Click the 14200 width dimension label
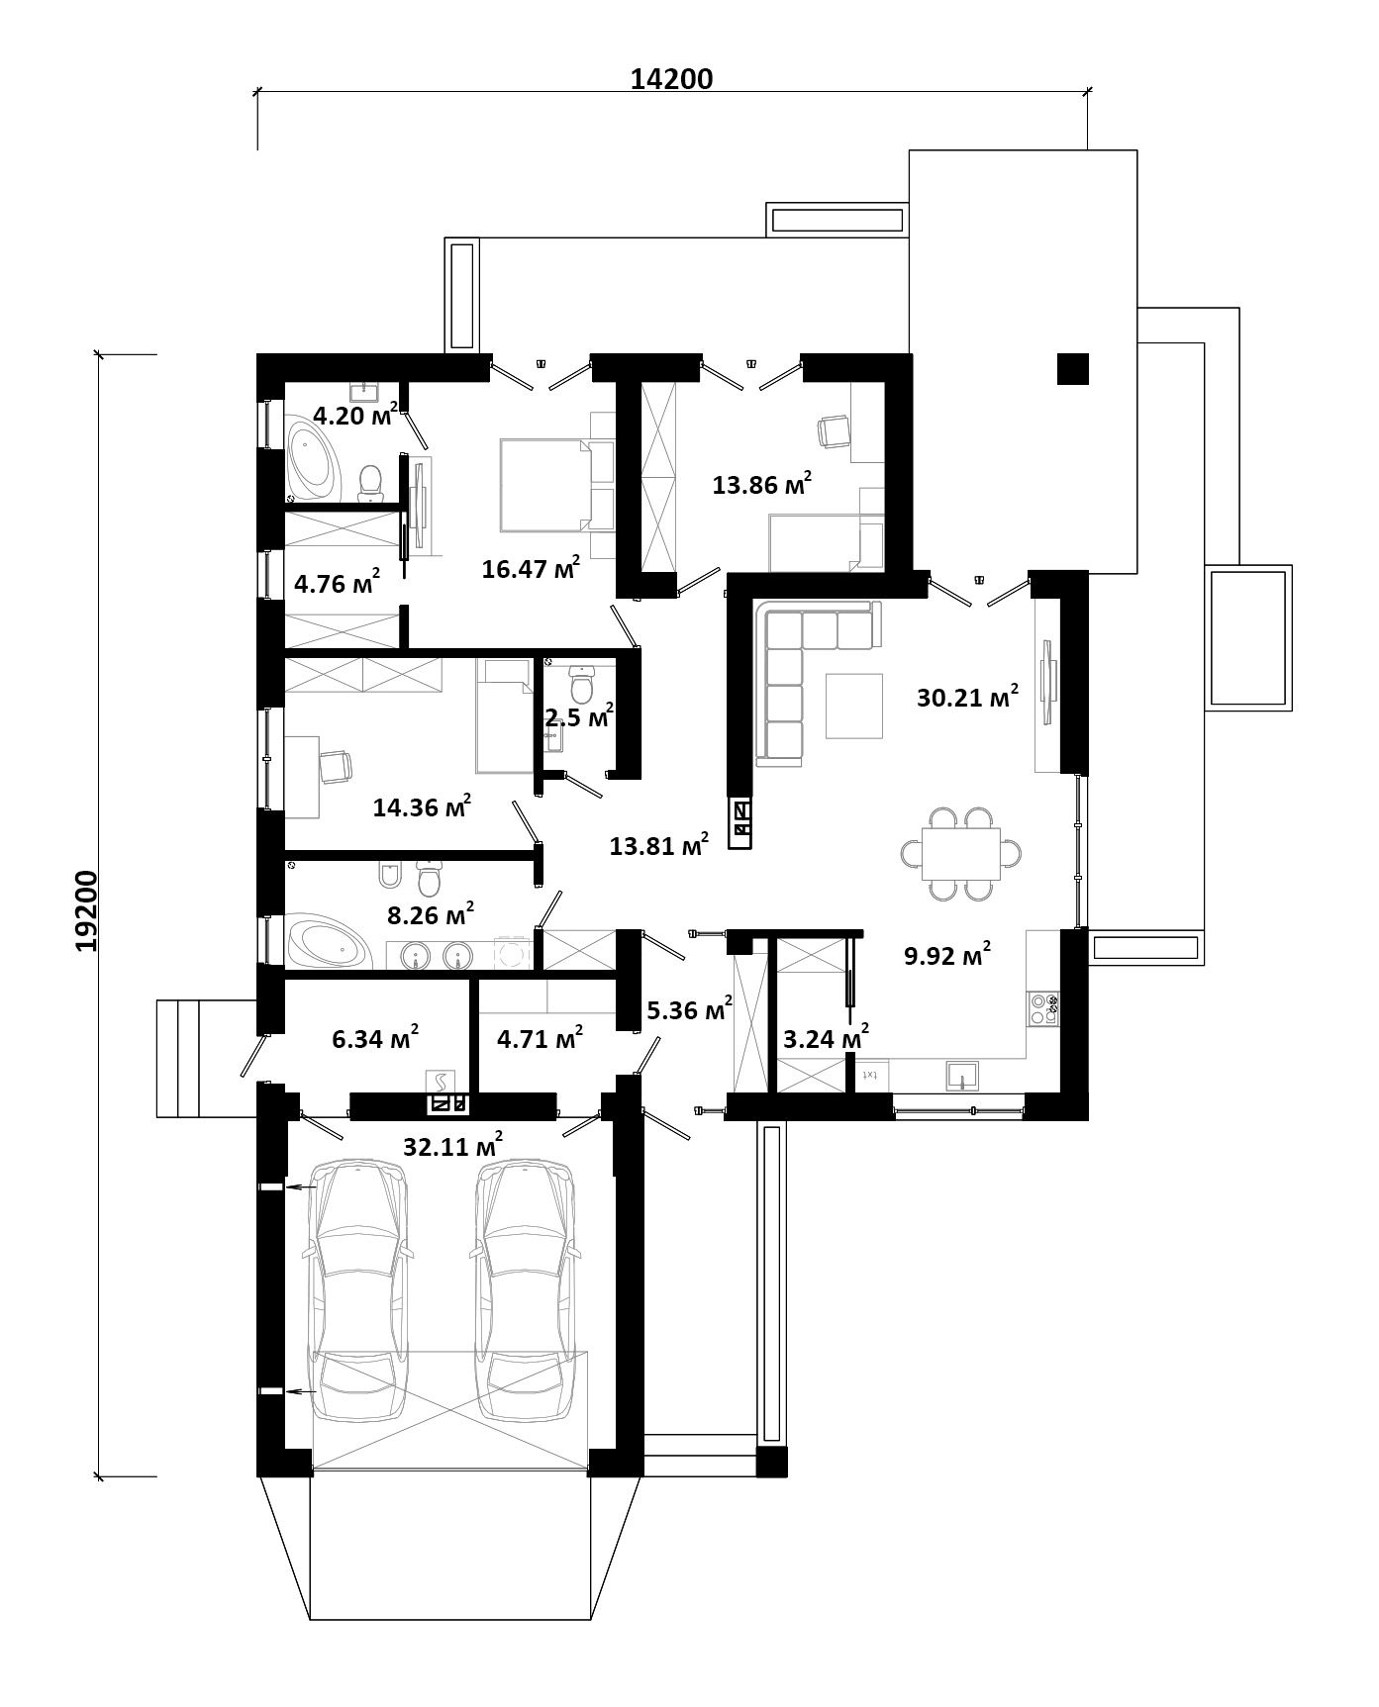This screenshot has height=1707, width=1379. (x=672, y=79)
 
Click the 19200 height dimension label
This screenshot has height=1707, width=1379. (x=88, y=911)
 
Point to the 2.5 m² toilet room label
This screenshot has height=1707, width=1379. (x=579, y=715)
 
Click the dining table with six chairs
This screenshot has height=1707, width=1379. (x=961, y=853)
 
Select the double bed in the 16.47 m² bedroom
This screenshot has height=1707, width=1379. (x=545, y=485)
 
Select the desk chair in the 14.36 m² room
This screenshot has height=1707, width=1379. (x=336, y=767)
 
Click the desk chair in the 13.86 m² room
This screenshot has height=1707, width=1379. (x=835, y=430)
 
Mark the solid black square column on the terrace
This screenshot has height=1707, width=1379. (x=1073, y=369)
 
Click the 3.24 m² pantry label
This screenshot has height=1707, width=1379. (x=826, y=1038)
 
